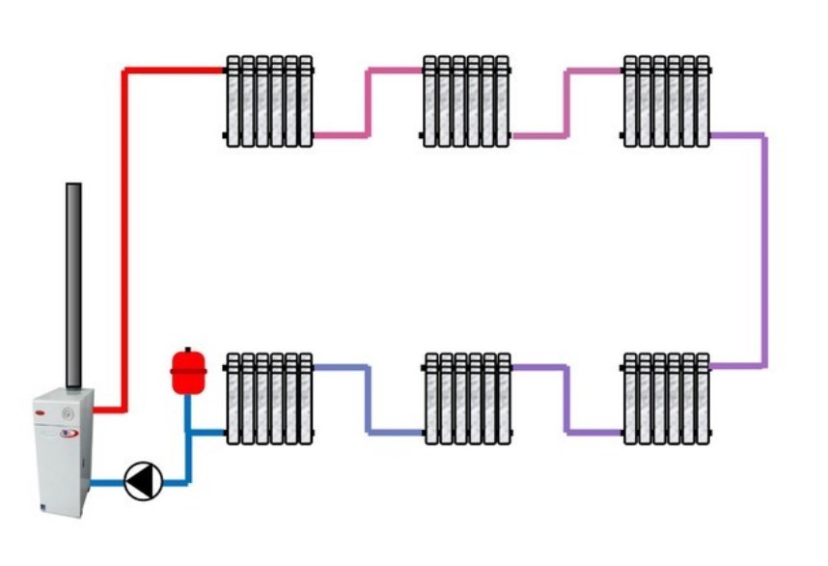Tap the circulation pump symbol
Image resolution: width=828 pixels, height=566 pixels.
[x=142, y=479]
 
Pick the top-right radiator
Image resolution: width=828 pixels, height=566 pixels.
[x=666, y=102]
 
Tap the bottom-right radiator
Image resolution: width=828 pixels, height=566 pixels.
[x=666, y=399]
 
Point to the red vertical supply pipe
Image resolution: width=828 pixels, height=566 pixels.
[x=124, y=241]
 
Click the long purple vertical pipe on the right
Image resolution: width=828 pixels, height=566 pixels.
[x=764, y=251]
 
